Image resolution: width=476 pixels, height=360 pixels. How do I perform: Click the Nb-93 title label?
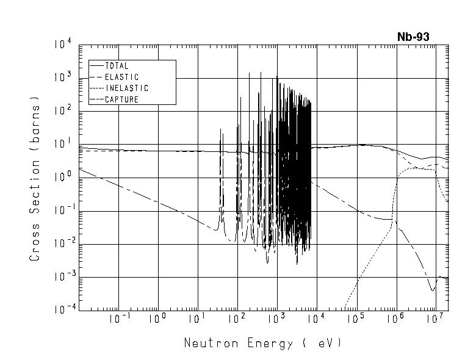[x=413, y=37]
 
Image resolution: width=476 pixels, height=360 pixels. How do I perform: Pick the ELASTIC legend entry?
[x=121, y=77]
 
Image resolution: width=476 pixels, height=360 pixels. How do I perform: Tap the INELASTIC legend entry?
[x=126, y=88]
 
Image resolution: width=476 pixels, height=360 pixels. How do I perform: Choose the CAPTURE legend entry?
[x=121, y=99]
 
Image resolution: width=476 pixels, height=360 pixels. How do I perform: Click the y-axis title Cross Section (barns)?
[x=35, y=178]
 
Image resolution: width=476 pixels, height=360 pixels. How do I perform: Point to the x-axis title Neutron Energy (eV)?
[x=262, y=343]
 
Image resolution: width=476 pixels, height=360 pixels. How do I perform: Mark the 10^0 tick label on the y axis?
[x=63, y=178]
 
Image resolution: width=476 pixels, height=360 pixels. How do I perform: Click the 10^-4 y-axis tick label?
[x=62, y=311]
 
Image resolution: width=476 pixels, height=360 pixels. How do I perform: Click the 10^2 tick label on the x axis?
[x=236, y=319]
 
